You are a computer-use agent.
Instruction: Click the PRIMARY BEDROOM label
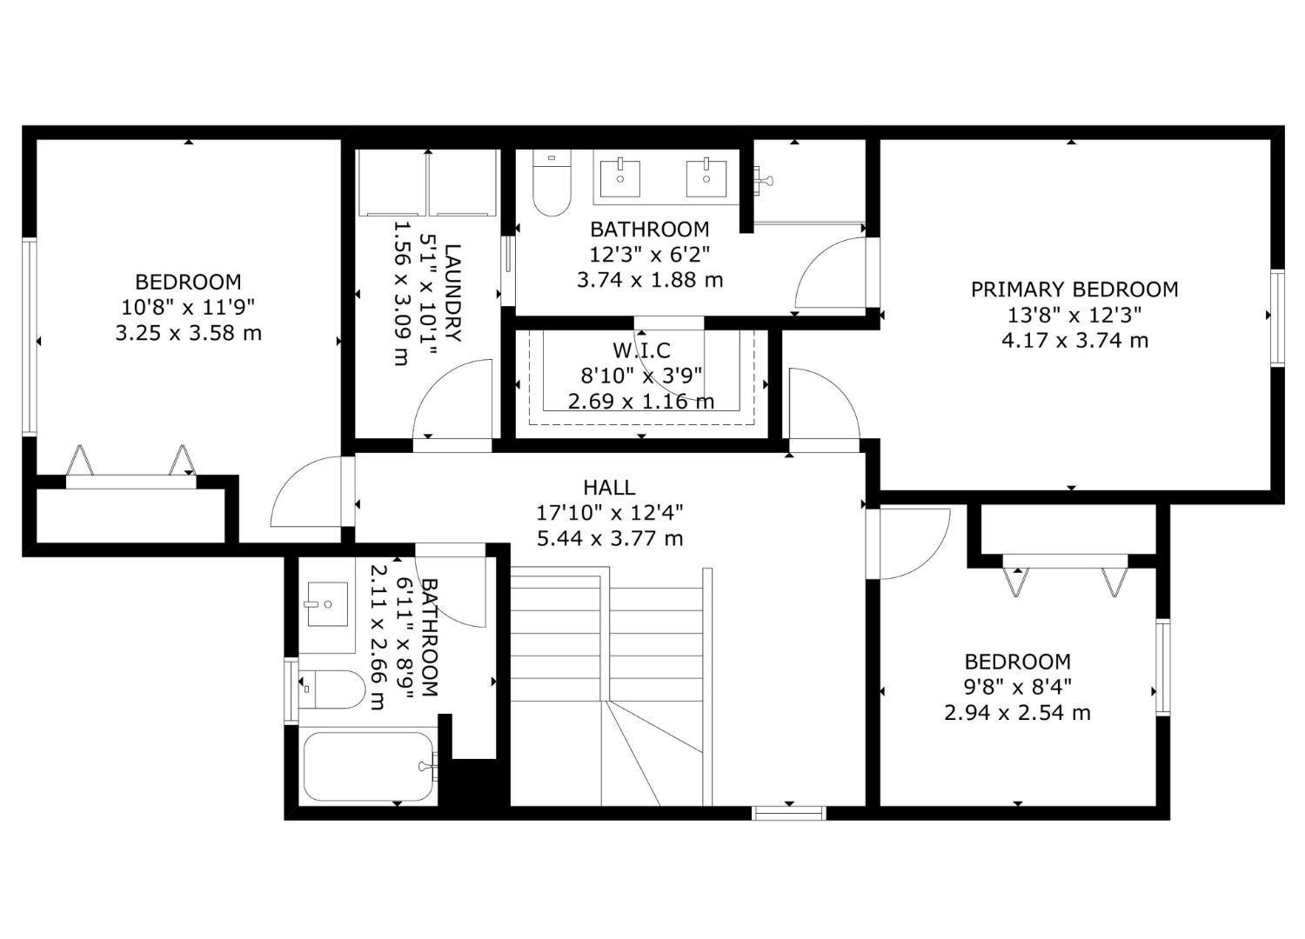click(1074, 290)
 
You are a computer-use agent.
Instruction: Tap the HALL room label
click(609, 488)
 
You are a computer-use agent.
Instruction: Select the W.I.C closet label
click(641, 350)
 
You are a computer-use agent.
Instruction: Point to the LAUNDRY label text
click(453, 293)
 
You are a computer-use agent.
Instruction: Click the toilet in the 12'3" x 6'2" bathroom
click(551, 185)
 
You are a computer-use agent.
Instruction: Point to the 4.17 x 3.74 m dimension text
click(1074, 340)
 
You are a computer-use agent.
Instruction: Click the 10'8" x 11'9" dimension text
click(188, 307)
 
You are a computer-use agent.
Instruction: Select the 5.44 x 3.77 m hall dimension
click(609, 538)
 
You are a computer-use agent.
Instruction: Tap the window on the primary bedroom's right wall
click(1276, 317)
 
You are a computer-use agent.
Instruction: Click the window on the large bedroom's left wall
click(30, 336)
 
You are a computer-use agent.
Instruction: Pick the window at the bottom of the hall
click(788, 813)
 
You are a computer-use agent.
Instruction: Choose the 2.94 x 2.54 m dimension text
click(1017, 713)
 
